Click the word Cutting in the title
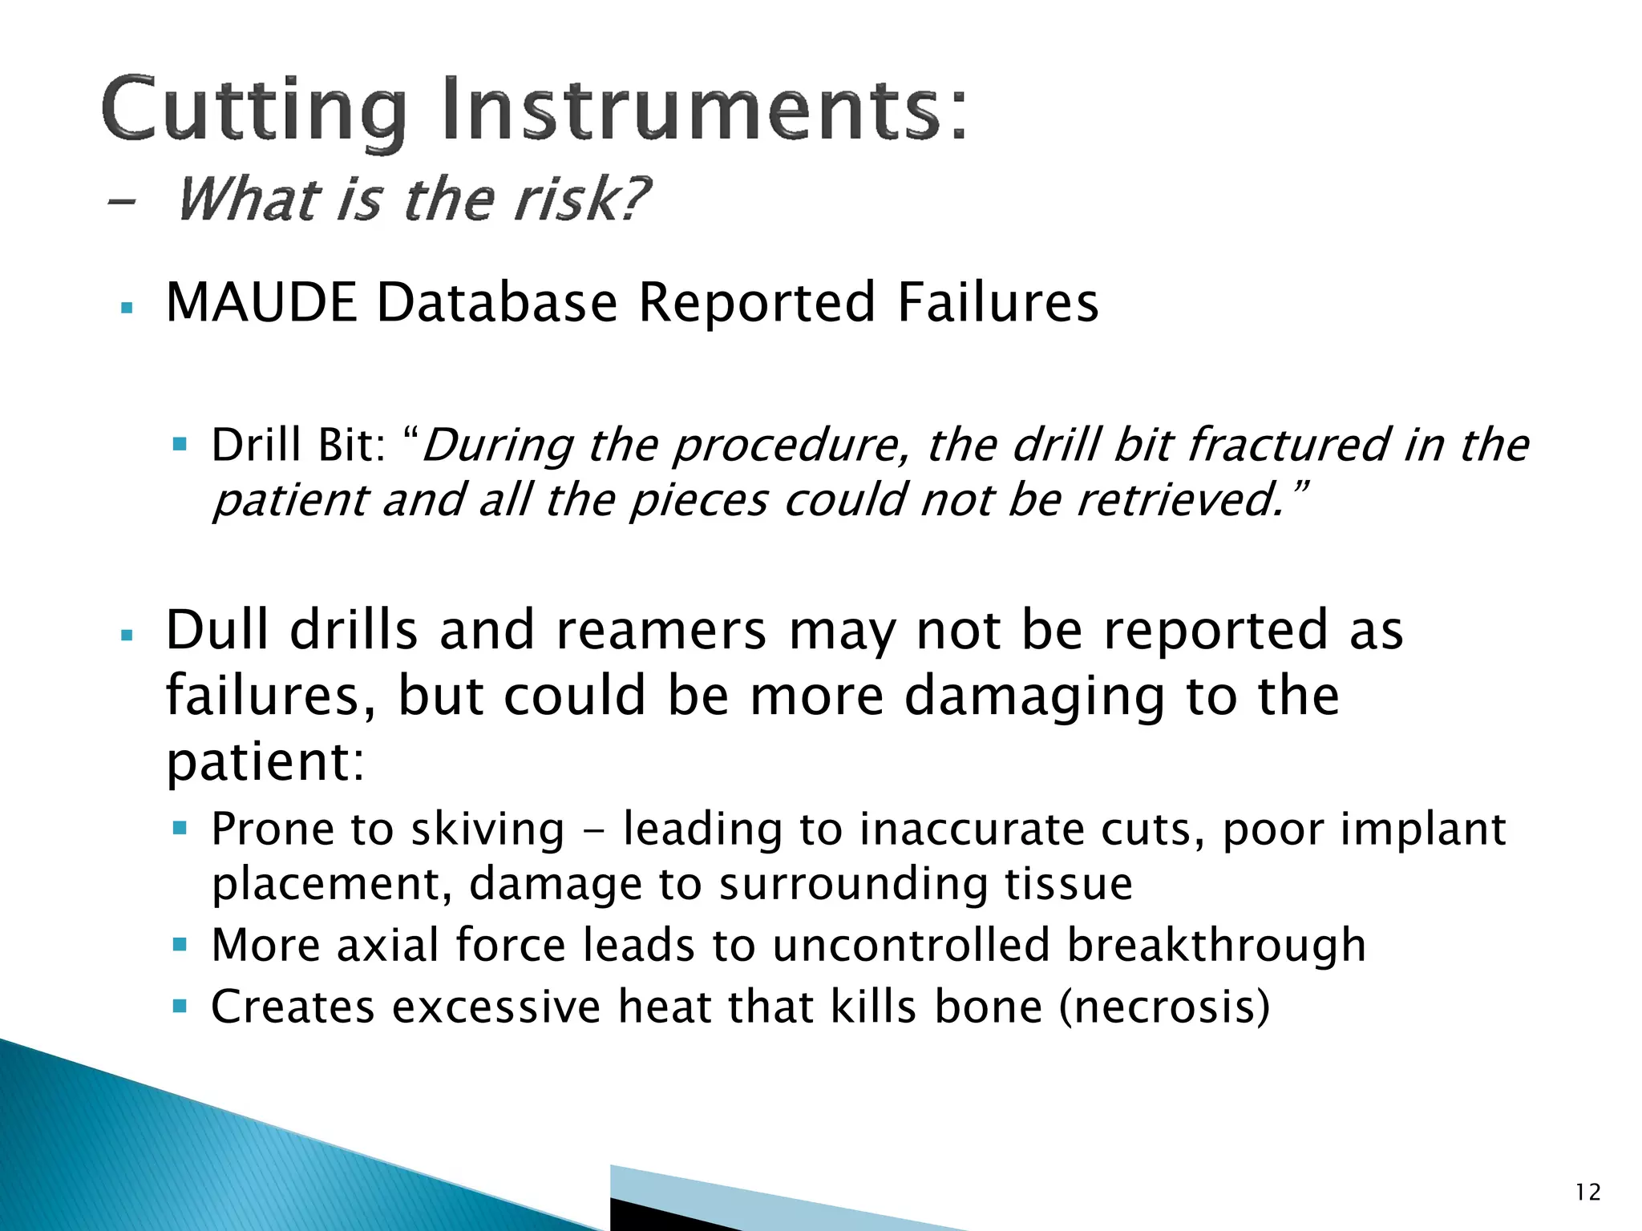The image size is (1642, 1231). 253,111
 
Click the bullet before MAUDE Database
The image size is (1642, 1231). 126,307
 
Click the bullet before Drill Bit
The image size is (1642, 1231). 180,443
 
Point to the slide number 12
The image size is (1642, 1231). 1588,1193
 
